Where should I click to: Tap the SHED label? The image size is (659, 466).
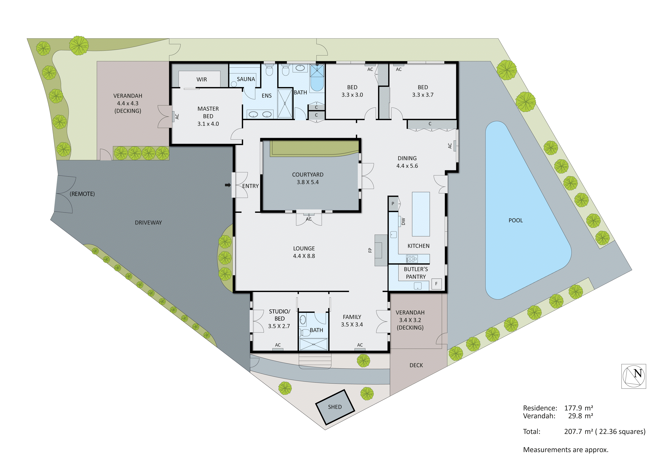click(x=335, y=407)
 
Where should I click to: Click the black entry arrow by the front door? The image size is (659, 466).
click(x=228, y=185)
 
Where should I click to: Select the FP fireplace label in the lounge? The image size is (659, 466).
click(x=370, y=250)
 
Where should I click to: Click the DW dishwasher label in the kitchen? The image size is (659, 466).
click(x=403, y=221)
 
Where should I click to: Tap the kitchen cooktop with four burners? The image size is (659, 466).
click(x=412, y=259)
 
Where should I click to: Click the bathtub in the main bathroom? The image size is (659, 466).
click(x=317, y=82)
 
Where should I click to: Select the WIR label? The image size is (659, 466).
click(x=202, y=79)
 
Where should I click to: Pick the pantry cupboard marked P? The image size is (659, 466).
click(x=393, y=204)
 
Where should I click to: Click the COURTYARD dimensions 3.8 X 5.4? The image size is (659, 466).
click(x=308, y=182)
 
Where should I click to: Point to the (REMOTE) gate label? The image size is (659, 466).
click(x=82, y=194)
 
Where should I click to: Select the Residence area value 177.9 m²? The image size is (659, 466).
click(x=578, y=408)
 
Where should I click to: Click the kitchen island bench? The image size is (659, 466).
click(x=421, y=214)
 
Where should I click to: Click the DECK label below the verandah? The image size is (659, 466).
click(x=416, y=365)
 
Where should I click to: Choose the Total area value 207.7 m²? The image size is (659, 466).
click(x=578, y=432)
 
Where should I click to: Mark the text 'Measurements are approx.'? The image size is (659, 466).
click(x=565, y=450)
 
